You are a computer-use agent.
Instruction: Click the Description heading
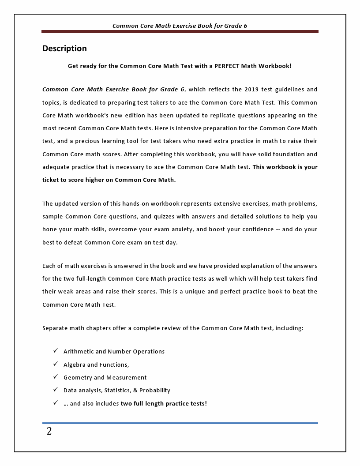(64, 49)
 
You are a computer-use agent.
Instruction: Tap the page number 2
(49, 432)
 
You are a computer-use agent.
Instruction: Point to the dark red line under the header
(180, 32)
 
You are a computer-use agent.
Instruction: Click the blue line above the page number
(180, 423)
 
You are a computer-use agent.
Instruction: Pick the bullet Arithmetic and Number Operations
(114, 352)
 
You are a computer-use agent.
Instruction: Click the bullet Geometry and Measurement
(105, 378)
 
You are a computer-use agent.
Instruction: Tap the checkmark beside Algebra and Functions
(56, 364)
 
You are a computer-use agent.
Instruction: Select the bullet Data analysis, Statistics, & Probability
(117, 391)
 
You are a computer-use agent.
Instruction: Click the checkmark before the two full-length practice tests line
(56, 403)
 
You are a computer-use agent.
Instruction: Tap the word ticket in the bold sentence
(51, 180)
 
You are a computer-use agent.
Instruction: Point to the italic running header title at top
(180, 26)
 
